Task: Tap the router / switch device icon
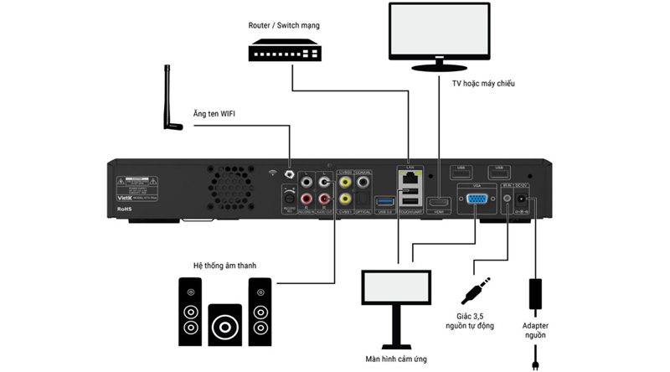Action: [x=285, y=51]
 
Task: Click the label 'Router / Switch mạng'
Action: [x=284, y=25]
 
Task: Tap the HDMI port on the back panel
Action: [x=439, y=203]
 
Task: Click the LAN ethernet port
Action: [x=410, y=180]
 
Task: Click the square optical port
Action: [x=363, y=200]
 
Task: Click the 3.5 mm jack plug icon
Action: [x=472, y=290]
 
